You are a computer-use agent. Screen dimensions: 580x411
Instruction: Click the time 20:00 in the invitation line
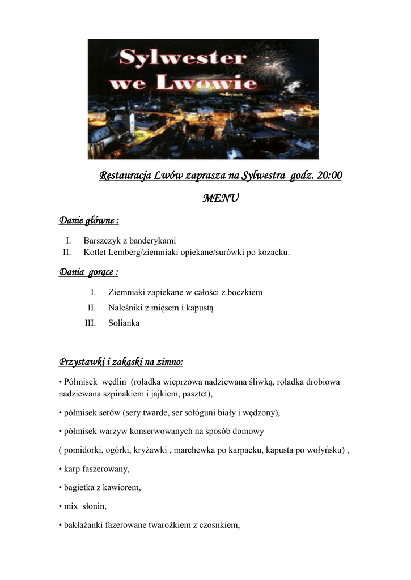tap(330, 176)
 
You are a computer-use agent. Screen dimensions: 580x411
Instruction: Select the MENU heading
tap(221, 198)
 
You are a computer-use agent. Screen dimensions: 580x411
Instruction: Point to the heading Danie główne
tap(89, 220)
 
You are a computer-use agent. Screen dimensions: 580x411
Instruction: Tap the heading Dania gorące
tap(88, 273)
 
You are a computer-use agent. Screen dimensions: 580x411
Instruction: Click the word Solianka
tap(124, 323)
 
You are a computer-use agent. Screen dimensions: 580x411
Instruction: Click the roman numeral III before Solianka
tap(90, 323)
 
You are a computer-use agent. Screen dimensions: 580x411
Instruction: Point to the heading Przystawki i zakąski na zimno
tap(121, 361)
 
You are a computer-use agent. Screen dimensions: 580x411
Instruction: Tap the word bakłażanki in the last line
tap(83, 525)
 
